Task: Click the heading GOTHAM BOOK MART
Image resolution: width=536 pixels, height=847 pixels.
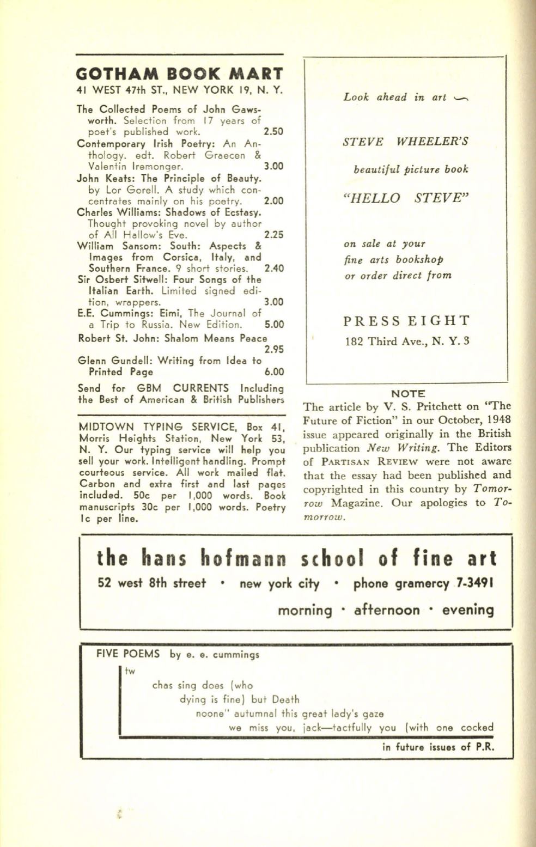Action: (x=180, y=74)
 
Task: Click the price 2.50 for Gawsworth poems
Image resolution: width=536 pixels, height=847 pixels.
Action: (x=273, y=132)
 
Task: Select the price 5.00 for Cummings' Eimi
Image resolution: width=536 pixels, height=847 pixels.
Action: (x=273, y=325)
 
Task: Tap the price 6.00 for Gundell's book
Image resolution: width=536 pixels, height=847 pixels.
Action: (x=274, y=372)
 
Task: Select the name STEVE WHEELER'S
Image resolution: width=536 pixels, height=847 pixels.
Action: (x=406, y=142)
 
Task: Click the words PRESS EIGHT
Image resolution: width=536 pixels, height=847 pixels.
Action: (x=406, y=320)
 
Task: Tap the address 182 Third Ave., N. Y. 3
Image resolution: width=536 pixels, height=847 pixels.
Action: (x=407, y=342)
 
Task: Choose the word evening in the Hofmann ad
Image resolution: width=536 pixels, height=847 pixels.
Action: (x=468, y=610)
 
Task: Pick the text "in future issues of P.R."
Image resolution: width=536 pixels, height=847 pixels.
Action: (x=438, y=747)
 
